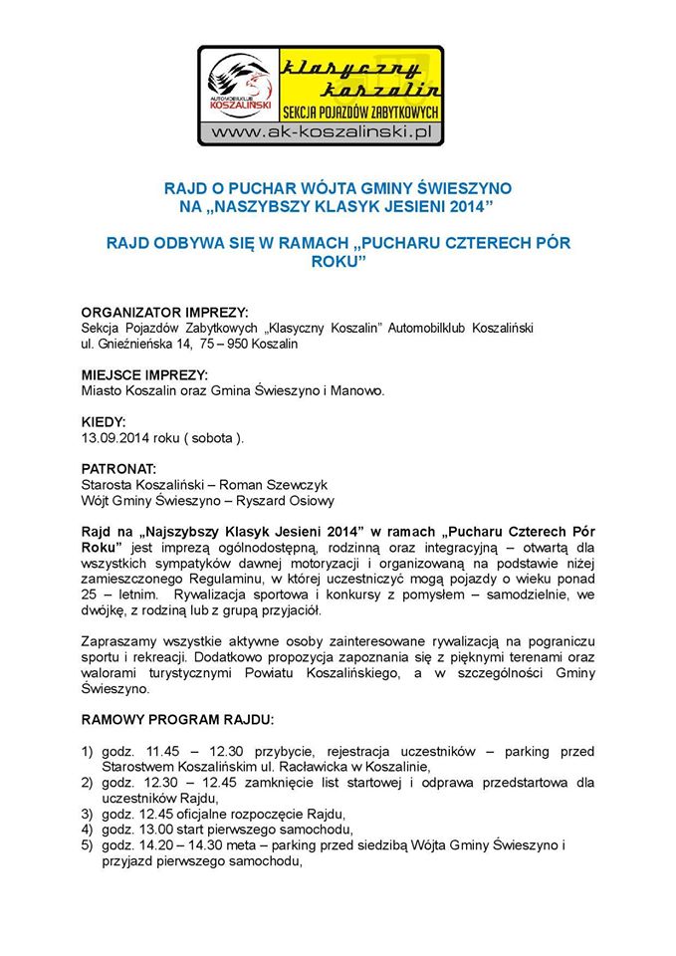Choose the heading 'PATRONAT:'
click(118, 468)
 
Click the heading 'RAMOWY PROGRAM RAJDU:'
click(176, 719)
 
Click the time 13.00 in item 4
click(156, 830)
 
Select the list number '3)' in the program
click(88, 814)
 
